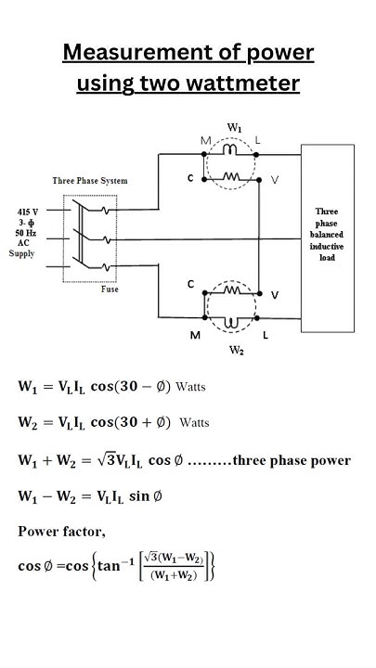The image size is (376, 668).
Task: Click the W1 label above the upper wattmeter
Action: (x=235, y=126)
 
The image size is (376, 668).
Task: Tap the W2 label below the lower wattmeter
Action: (x=236, y=351)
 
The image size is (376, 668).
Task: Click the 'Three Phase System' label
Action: (x=90, y=181)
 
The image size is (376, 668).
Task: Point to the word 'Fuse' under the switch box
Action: (x=110, y=289)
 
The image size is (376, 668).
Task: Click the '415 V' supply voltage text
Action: (x=27, y=212)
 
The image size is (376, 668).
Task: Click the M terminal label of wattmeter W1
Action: (x=206, y=140)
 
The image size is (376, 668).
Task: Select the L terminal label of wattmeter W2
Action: (x=265, y=336)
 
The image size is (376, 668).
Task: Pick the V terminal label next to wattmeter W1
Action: (x=274, y=179)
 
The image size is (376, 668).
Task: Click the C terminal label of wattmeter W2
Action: (x=191, y=284)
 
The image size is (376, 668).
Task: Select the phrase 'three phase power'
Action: (x=292, y=460)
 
